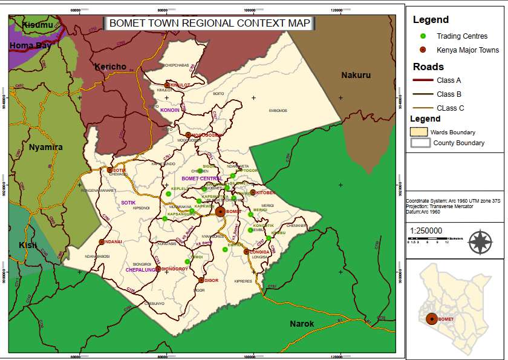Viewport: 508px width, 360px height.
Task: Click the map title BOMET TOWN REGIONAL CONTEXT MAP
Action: (x=209, y=24)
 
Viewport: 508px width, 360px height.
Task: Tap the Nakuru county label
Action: (x=356, y=75)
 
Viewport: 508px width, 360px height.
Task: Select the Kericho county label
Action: (x=110, y=66)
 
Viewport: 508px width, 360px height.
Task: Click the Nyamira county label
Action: (x=46, y=147)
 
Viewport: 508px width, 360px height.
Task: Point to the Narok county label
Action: (x=301, y=324)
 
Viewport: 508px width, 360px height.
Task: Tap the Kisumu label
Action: (x=37, y=25)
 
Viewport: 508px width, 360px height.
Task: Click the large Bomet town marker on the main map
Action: (x=220, y=211)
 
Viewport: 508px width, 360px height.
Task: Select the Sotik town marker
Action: (x=109, y=170)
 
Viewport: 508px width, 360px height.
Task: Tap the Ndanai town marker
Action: (x=102, y=241)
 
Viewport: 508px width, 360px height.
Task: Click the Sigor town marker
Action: (x=201, y=280)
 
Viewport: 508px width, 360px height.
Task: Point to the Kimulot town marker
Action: (x=168, y=85)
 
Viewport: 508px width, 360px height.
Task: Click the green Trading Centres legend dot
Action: (x=423, y=36)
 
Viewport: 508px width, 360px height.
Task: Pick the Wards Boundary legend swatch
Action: (x=419, y=131)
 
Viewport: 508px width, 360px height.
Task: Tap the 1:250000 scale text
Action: (x=426, y=231)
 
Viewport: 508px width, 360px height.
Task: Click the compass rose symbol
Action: (x=480, y=241)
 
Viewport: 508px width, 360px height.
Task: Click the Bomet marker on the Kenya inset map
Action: (x=431, y=319)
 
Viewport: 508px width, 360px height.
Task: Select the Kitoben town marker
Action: (x=253, y=192)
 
